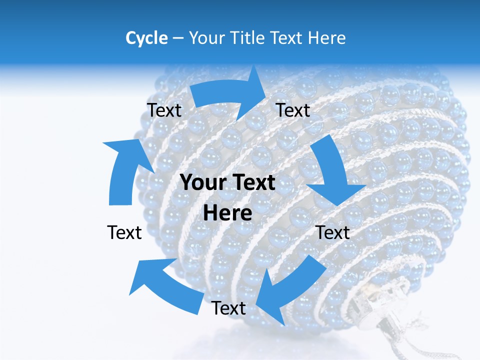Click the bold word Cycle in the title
[146, 38]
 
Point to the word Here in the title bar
[327, 38]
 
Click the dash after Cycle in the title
[178, 38]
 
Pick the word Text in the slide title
[288, 38]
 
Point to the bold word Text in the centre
[255, 183]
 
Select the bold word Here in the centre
[227, 213]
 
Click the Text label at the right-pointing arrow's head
[293, 110]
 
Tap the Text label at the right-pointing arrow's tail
[164, 110]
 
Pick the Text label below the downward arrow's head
[333, 232]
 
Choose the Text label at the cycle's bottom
[228, 308]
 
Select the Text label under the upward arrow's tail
[124, 232]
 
